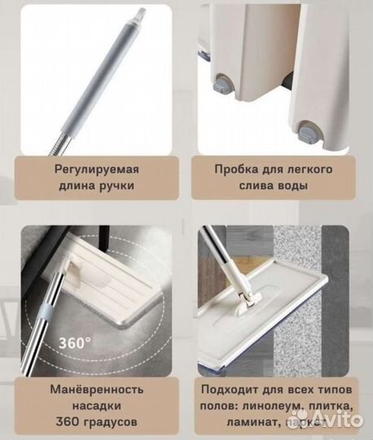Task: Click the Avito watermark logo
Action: tap(333, 422)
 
